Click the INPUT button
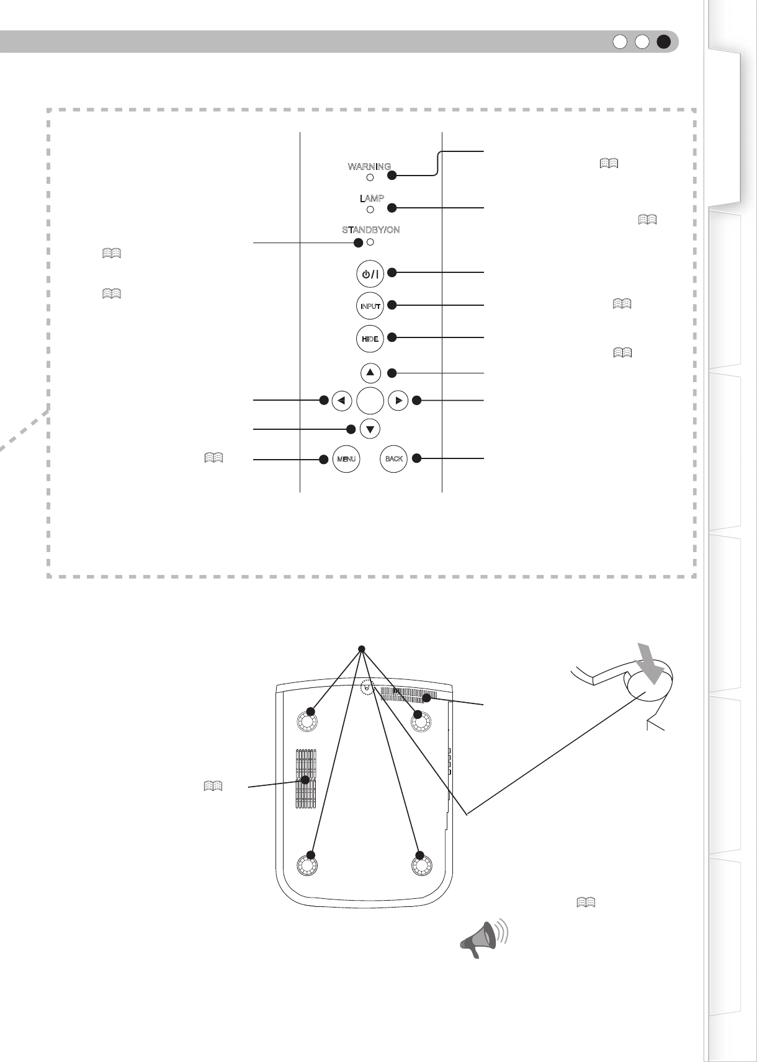tap(370, 306)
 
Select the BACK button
tap(393, 459)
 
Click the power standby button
tap(370, 274)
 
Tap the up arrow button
tap(370, 373)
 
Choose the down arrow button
tap(370, 429)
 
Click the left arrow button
tap(342, 401)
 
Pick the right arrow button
tap(398, 401)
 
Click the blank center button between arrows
tap(370, 401)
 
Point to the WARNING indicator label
tap(369, 166)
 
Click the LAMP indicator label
tap(372, 199)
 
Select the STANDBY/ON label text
tap(370, 230)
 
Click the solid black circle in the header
tap(664, 42)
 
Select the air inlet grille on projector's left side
tap(305, 779)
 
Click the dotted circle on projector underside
tap(367, 687)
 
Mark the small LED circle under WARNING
tap(370, 177)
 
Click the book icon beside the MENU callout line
tap(213, 458)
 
